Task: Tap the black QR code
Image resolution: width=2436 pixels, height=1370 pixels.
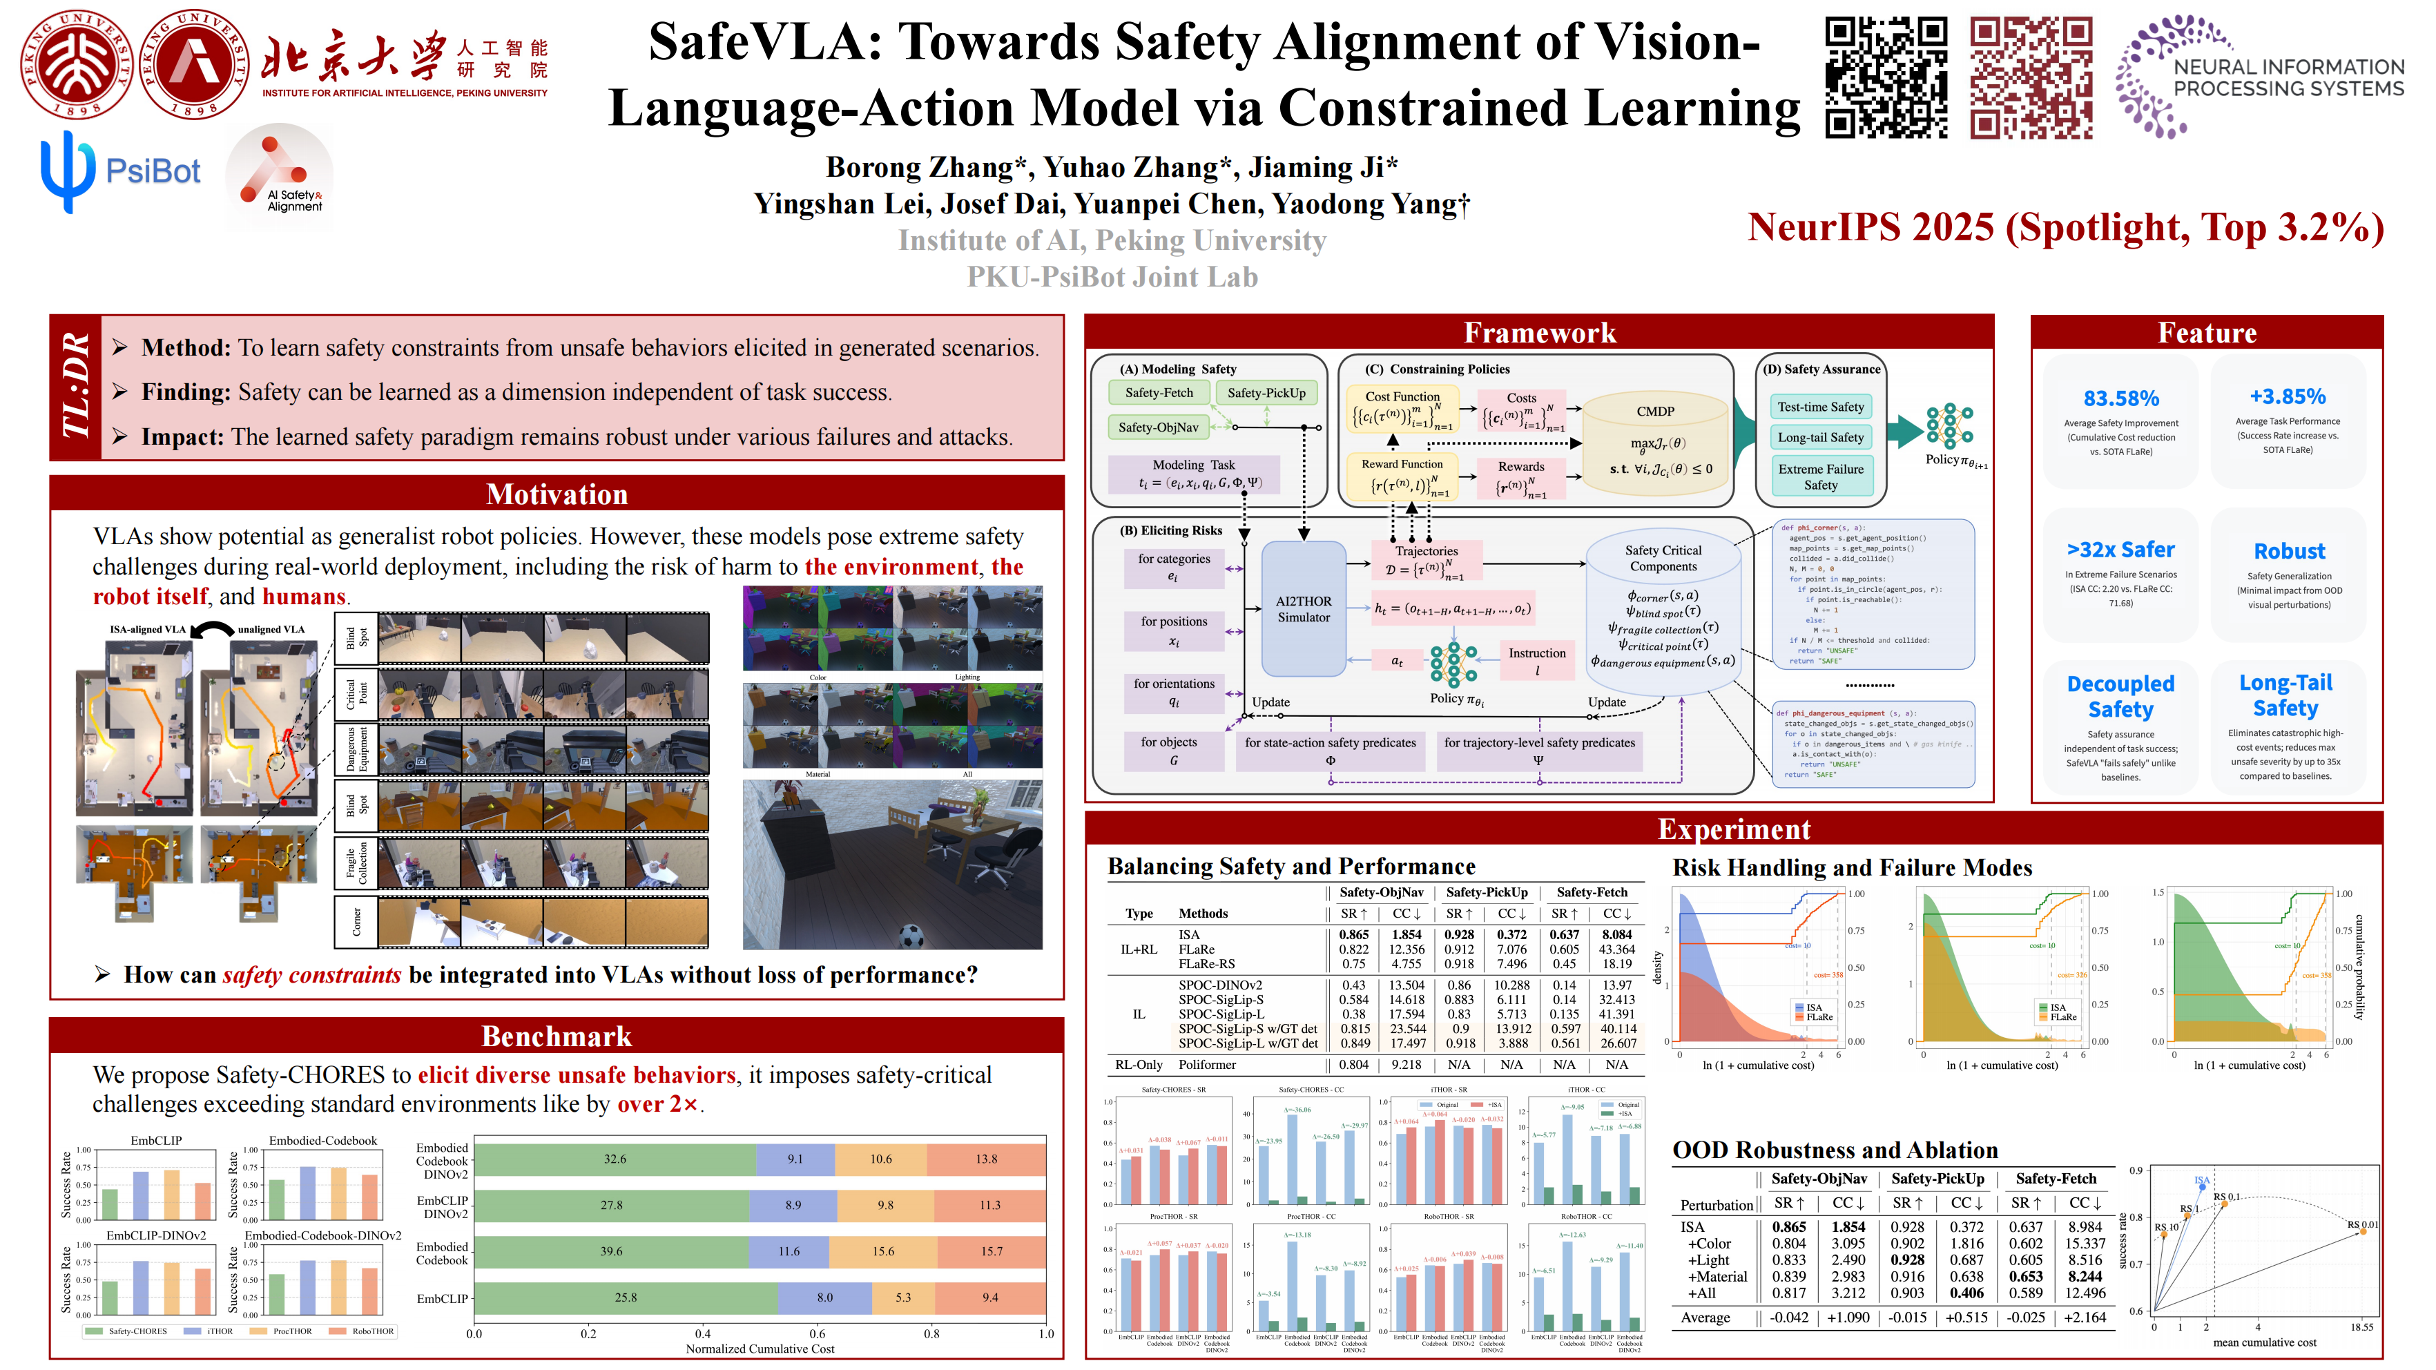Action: [x=1885, y=77]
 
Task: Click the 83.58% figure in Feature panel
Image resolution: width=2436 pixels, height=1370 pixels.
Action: [x=2120, y=398]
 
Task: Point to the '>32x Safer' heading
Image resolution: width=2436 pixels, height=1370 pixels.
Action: [x=2120, y=550]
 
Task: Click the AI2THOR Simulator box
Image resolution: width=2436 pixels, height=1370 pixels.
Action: [x=1303, y=609]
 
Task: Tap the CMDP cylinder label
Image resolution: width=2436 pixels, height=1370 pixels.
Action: [x=1655, y=412]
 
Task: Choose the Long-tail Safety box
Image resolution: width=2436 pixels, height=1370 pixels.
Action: [x=1820, y=438]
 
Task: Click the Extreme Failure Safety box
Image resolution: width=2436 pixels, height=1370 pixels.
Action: [x=1820, y=476]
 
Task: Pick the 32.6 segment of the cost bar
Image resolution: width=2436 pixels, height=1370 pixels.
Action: [x=615, y=1159]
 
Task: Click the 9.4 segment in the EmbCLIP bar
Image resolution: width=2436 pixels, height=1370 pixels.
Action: [x=989, y=1298]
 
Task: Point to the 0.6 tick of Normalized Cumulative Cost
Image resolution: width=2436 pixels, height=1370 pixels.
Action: [x=817, y=1334]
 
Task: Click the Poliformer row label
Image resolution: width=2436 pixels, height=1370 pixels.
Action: [x=1207, y=1065]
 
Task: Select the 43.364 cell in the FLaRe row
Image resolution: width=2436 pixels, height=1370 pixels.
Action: [x=1616, y=949]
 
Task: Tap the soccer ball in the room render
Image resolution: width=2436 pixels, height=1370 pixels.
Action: [x=910, y=936]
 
